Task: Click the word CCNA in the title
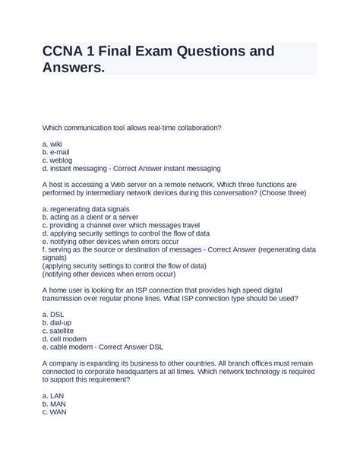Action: tap(68, 53)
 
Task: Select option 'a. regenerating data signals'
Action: tap(86, 208)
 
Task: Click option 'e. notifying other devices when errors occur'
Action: tap(110, 241)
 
